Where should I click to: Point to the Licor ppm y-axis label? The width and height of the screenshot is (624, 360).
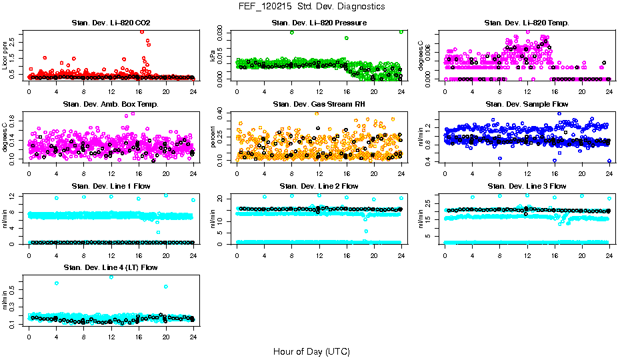(5, 55)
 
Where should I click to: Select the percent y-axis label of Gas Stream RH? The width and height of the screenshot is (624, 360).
(213, 137)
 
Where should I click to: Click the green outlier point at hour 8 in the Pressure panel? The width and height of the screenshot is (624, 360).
(292, 32)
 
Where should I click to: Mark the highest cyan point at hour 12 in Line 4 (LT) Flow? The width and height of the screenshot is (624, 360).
(111, 277)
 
